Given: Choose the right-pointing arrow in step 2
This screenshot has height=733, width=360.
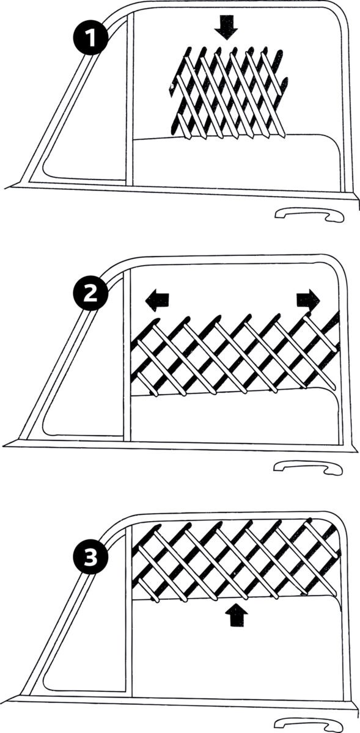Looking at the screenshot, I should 307,299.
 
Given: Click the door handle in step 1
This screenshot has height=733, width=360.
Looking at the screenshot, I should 308,215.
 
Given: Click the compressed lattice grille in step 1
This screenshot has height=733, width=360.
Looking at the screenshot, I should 229,92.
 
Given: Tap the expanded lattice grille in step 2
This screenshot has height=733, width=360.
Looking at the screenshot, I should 235,354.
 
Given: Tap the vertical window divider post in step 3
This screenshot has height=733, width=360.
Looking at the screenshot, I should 128,611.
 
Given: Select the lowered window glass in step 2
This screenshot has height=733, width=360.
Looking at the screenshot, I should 235,418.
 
